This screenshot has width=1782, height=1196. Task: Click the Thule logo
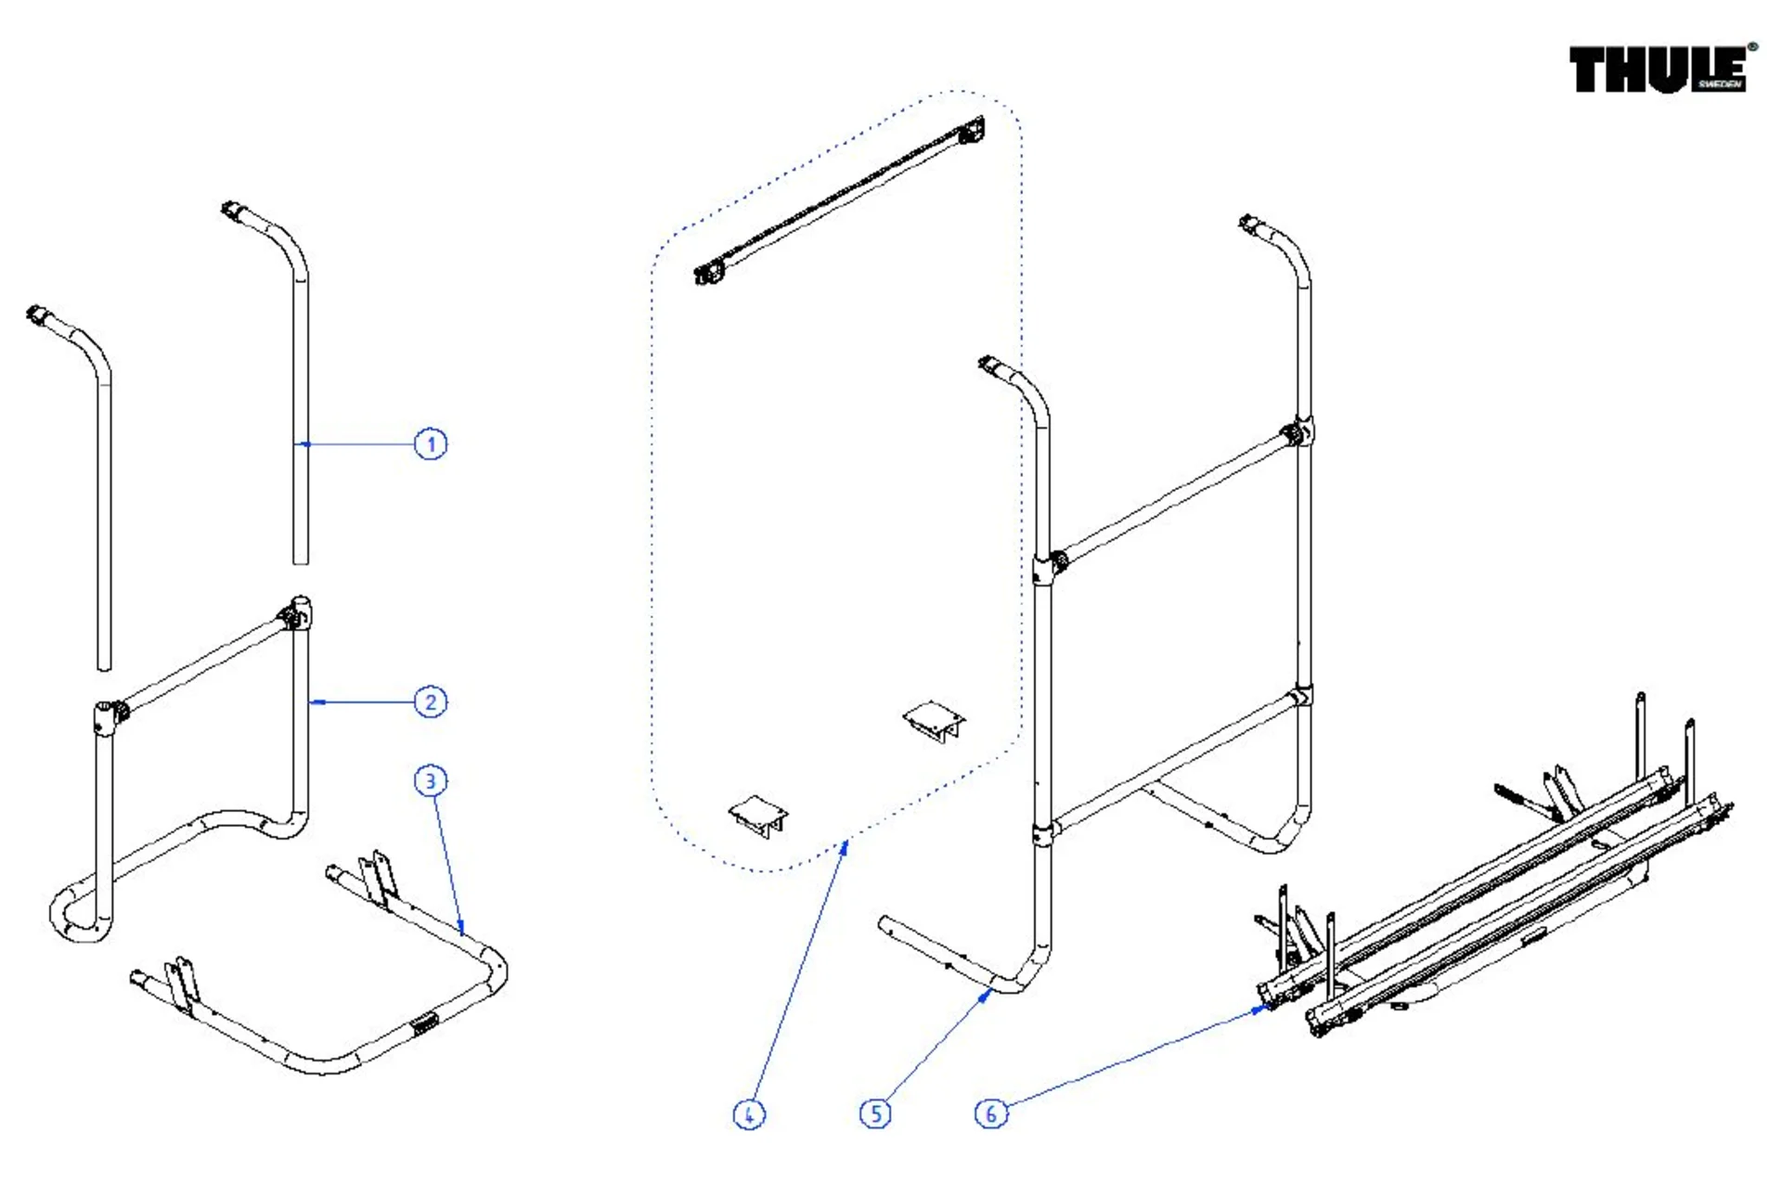[1658, 70]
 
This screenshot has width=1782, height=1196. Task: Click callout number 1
[430, 444]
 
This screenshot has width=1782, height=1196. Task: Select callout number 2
[430, 701]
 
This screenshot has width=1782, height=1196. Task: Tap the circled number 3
[430, 781]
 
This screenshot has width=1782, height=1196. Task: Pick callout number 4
[749, 1113]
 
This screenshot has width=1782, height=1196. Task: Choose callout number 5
[875, 1112]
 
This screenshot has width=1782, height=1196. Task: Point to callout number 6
[990, 1112]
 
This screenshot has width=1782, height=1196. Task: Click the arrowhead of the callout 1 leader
[303, 444]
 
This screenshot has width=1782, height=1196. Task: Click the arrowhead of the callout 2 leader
[314, 702]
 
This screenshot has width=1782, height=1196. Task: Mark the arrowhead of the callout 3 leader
[461, 929]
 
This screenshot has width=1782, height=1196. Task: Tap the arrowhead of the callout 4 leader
[846, 843]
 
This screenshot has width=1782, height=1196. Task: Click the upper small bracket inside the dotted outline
[934, 720]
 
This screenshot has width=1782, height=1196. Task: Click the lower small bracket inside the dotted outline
[758, 815]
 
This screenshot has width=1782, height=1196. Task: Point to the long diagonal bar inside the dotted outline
[840, 200]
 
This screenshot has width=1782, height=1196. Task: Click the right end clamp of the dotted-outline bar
[972, 130]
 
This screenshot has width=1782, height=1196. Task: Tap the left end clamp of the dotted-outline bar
[710, 273]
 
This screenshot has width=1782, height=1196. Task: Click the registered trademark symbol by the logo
[1751, 47]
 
